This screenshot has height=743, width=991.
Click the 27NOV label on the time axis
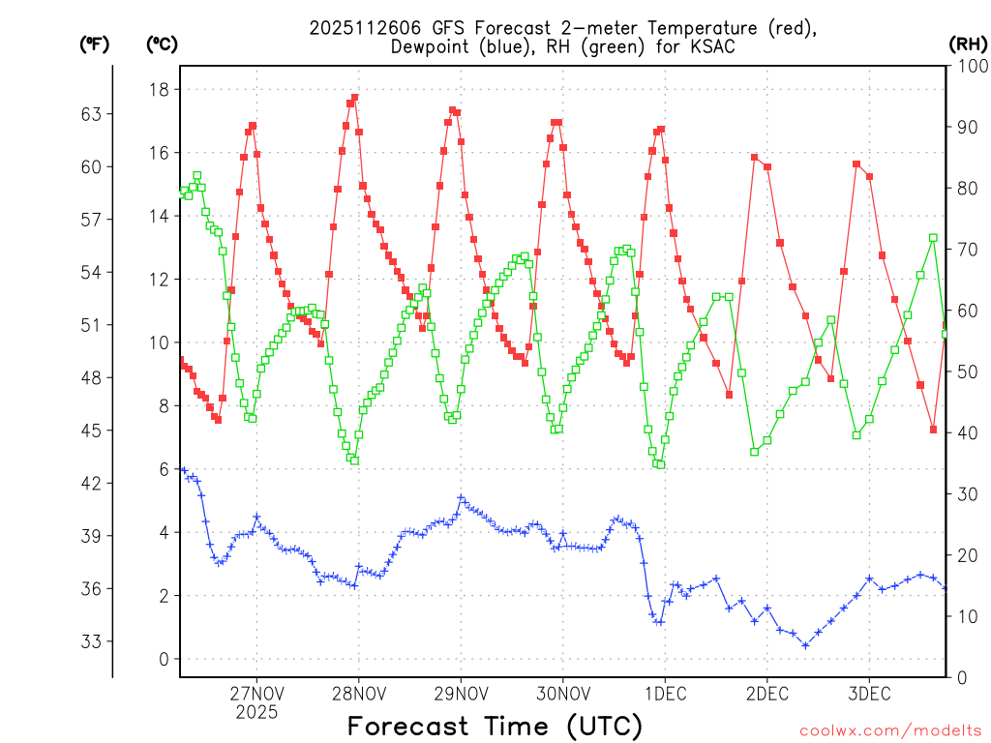click(256, 694)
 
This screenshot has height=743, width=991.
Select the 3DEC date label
click(868, 694)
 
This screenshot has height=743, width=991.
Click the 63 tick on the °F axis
click(92, 114)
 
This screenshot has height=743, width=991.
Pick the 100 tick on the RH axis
click(970, 66)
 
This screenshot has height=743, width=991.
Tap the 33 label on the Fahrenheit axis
click(92, 641)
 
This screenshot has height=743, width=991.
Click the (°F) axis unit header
click(95, 44)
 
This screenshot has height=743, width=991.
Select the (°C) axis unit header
click(162, 44)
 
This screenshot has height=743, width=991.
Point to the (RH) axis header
click(969, 44)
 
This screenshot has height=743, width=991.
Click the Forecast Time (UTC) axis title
click(495, 726)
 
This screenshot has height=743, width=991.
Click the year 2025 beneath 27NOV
click(256, 712)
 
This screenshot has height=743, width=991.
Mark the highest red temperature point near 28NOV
click(355, 97)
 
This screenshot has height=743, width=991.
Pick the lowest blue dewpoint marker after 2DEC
click(804, 645)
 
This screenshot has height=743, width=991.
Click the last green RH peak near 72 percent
click(933, 237)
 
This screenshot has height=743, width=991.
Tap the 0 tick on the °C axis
click(163, 660)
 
